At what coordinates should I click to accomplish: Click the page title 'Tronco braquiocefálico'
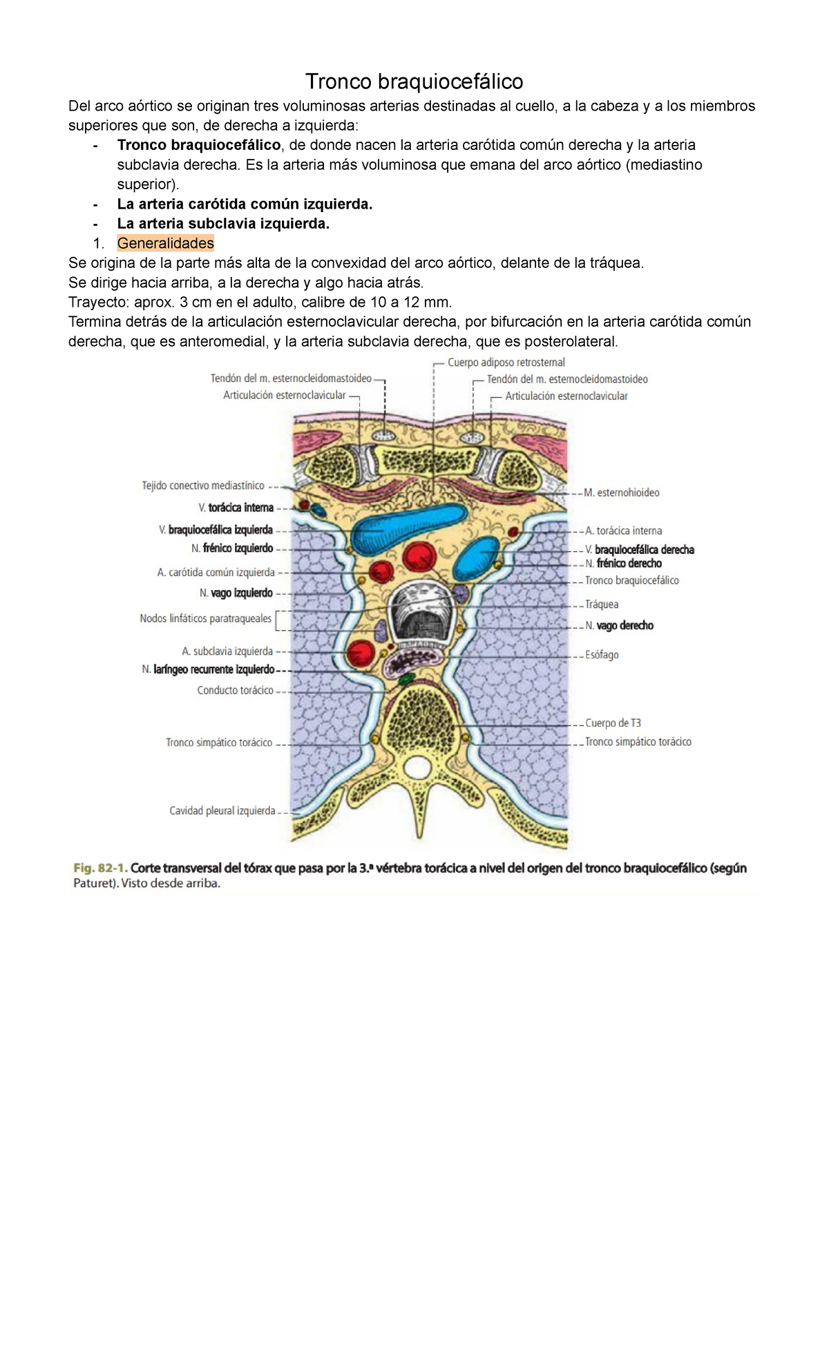pyautogui.click(x=414, y=82)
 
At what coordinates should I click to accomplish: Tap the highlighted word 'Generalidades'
pyautogui.click(x=166, y=243)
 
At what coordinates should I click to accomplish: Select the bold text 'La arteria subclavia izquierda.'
pyautogui.click(x=223, y=224)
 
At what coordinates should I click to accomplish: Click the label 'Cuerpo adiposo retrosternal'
pyautogui.click(x=506, y=362)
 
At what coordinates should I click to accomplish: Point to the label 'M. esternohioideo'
pyautogui.click(x=621, y=493)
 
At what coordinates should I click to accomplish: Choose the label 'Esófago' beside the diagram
pyautogui.click(x=602, y=654)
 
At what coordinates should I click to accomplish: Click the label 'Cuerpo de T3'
pyautogui.click(x=613, y=723)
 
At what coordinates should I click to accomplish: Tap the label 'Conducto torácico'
pyautogui.click(x=235, y=690)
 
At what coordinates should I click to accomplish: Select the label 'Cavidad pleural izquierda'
pyautogui.click(x=222, y=810)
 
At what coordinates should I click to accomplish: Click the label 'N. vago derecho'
pyautogui.click(x=619, y=625)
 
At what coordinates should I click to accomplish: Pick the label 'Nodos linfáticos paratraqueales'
pyautogui.click(x=205, y=618)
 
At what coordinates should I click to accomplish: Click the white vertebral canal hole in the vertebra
pyautogui.click(x=416, y=766)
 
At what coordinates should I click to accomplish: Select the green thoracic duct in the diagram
pyautogui.click(x=406, y=680)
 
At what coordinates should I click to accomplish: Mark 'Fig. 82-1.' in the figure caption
pyautogui.click(x=99, y=868)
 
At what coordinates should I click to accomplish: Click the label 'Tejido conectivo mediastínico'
pyautogui.click(x=203, y=486)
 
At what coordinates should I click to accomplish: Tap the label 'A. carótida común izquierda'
pyautogui.click(x=216, y=573)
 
